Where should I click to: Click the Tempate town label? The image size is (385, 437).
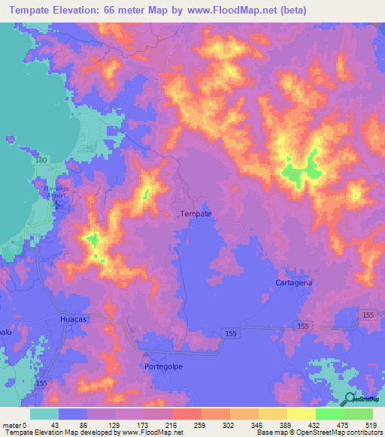pyautogui.click(x=196, y=214)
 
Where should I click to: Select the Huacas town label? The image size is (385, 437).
pyautogui.click(x=74, y=319)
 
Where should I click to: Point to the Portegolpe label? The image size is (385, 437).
pyautogui.click(x=164, y=366)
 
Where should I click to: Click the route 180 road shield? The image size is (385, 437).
pyautogui.click(x=41, y=160)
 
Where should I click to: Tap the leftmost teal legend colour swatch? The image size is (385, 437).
pyautogui.click(x=44, y=414)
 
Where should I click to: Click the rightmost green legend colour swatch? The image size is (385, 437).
pyautogui.click(x=359, y=414)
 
